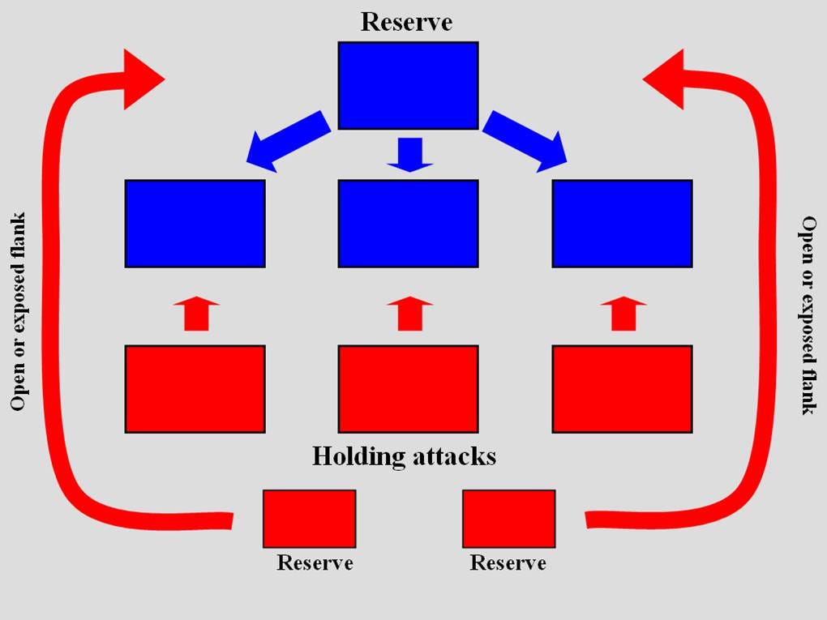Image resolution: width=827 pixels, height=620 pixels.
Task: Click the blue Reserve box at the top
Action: click(x=408, y=85)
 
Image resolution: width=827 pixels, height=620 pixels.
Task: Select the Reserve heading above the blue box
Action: click(x=406, y=21)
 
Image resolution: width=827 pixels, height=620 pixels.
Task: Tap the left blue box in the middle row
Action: click(x=195, y=224)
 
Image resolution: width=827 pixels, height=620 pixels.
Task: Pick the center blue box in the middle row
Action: click(x=408, y=224)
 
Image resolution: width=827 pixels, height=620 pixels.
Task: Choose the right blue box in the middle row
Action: click(x=622, y=224)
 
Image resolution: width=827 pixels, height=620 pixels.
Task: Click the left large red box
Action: click(x=195, y=389)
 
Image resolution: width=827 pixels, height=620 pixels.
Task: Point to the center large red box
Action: click(x=408, y=389)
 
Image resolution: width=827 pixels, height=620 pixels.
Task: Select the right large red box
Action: click(x=622, y=389)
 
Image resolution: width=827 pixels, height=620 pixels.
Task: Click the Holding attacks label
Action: click(x=404, y=456)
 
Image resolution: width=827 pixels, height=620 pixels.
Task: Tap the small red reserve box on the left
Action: click(x=309, y=519)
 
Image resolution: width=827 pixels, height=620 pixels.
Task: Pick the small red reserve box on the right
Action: click(x=508, y=519)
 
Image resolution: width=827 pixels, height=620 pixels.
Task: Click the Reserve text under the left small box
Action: click(x=315, y=562)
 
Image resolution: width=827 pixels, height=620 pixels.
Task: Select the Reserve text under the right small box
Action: click(x=508, y=562)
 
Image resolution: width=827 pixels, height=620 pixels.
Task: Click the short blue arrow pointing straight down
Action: click(x=410, y=154)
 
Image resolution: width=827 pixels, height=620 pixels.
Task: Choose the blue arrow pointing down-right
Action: click(x=526, y=141)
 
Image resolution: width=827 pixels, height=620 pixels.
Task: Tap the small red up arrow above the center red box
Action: click(x=409, y=314)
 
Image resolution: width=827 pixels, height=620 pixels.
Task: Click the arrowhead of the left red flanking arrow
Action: click(x=142, y=79)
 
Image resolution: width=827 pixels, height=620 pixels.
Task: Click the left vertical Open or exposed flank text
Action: click(x=19, y=311)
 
